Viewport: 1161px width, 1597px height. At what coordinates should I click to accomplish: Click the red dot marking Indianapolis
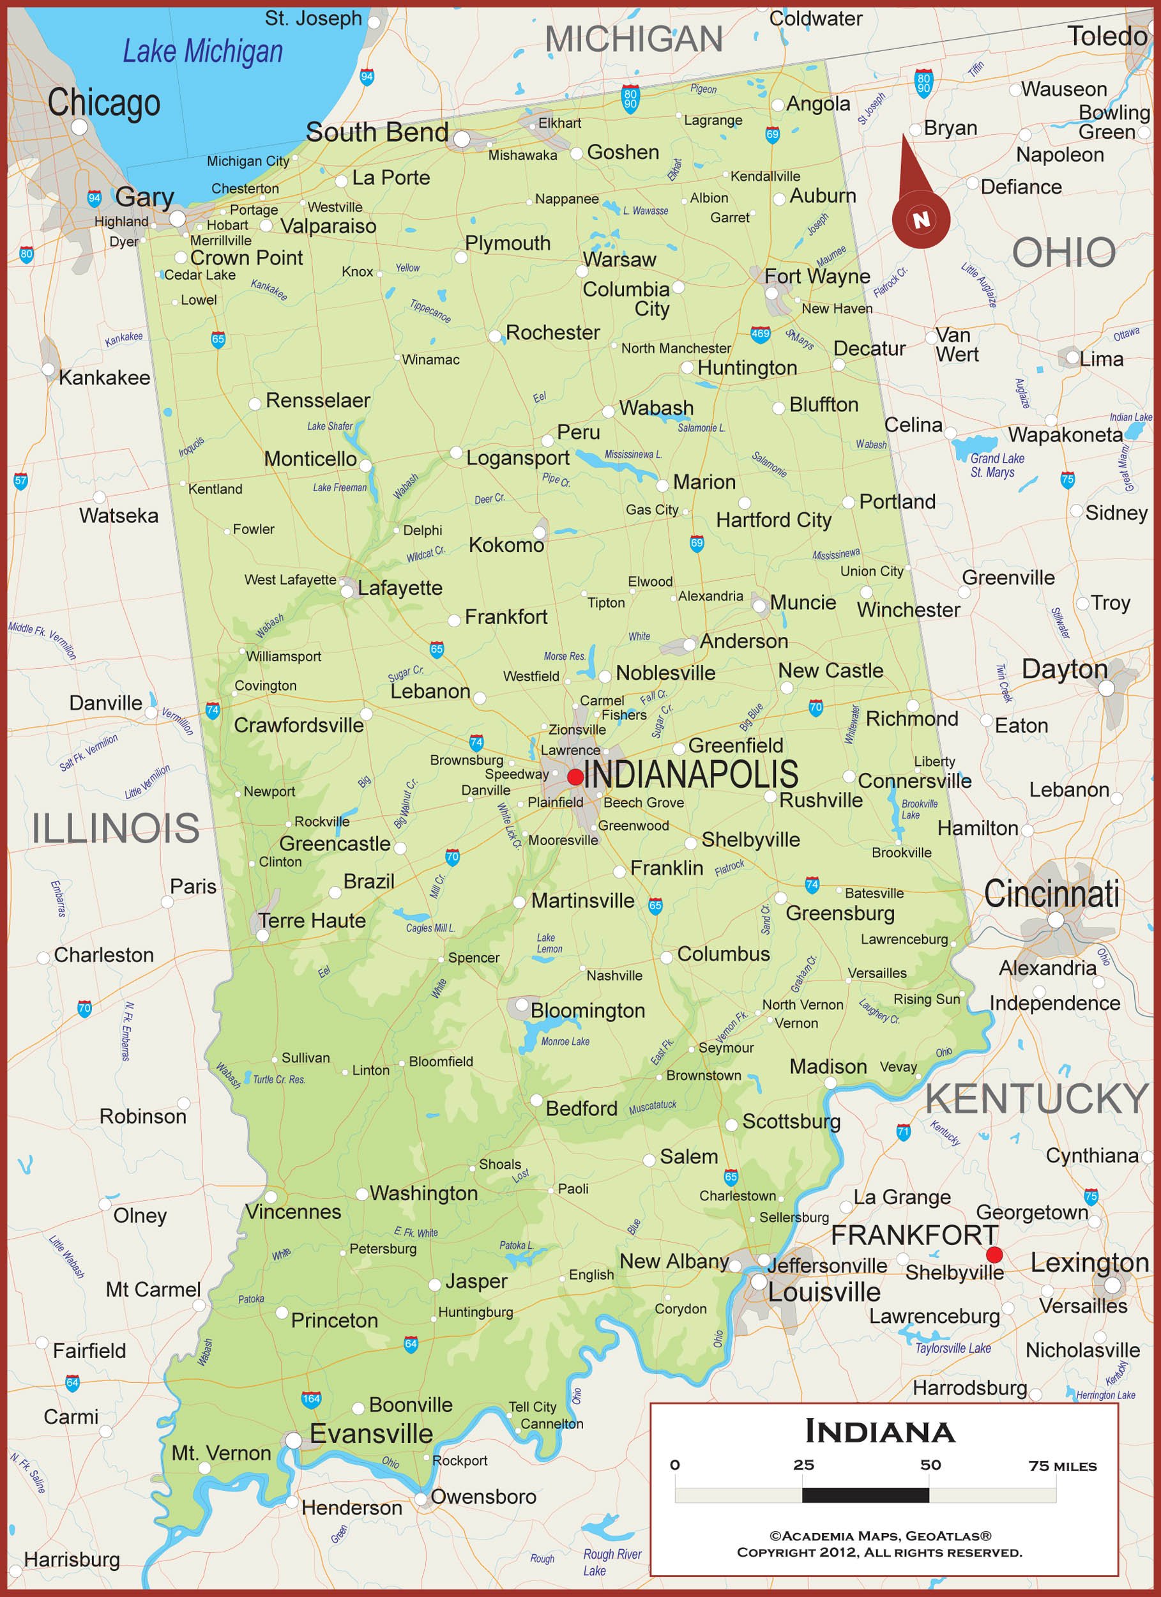(x=575, y=777)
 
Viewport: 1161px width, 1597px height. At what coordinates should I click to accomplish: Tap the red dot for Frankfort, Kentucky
(x=994, y=1254)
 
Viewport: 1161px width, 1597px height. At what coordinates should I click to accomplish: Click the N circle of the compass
(x=921, y=219)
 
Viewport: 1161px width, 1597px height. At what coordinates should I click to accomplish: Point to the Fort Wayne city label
(x=817, y=276)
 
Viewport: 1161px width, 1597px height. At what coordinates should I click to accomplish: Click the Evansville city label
(x=371, y=1433)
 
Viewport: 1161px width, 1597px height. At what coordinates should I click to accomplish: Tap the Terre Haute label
(x=311, y=921)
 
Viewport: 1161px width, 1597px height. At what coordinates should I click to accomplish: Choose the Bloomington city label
(x=588, y=1011)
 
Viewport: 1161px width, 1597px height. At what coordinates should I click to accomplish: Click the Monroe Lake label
(x=565, y=1041)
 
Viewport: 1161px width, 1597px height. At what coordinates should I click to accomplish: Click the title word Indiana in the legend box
(x=879, y=1432)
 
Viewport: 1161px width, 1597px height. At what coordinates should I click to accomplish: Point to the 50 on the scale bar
(x=930, y=1465)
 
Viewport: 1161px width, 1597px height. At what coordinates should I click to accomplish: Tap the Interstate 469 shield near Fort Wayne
(x=761, y=333)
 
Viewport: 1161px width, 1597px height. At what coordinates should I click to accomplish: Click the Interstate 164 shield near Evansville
(x=311, y=1399)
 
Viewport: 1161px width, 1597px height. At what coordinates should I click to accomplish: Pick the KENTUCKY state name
(x=1036, y=1099)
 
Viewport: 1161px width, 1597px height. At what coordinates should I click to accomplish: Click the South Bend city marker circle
(x=461, y=139)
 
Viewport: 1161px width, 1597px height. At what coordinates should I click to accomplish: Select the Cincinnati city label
(x=1051, y=894)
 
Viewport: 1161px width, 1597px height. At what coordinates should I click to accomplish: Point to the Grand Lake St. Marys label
(x=996, y=465)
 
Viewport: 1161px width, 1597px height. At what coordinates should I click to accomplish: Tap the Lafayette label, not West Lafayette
(x=400, y=588)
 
